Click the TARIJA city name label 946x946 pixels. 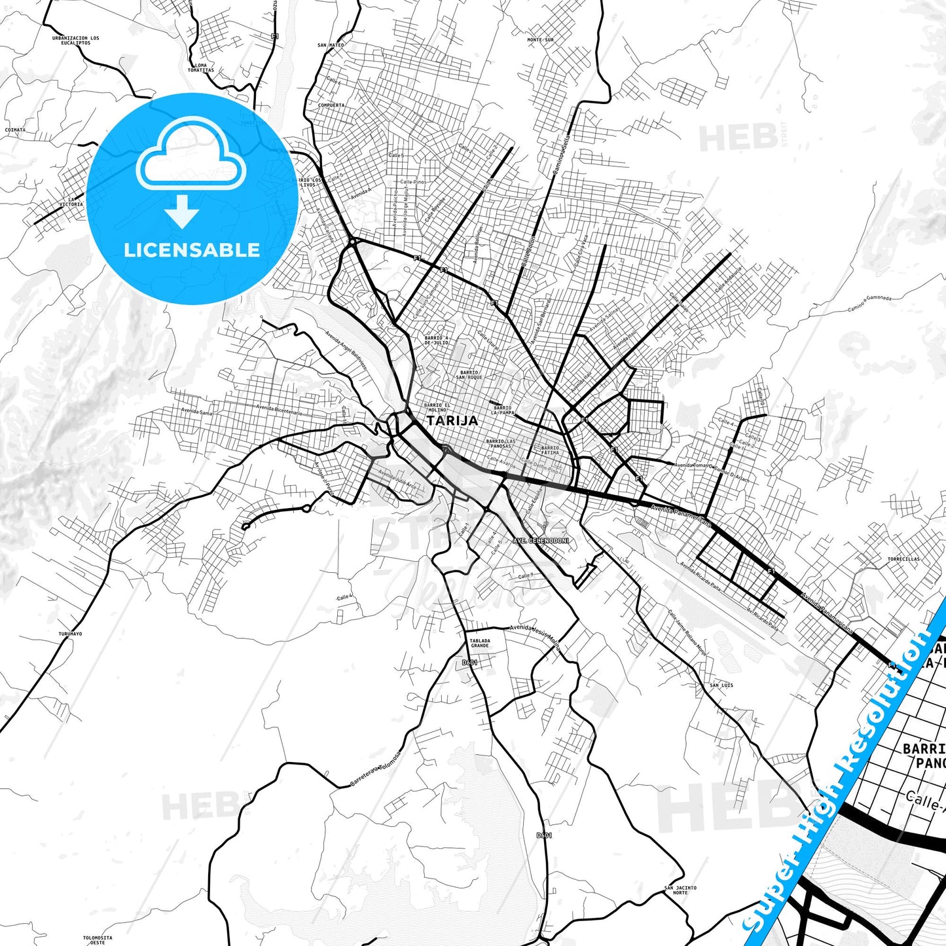tap(452, 421)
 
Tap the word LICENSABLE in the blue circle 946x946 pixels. tap(192, 250)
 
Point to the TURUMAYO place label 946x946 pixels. tap(70, 634)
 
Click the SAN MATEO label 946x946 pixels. tap(331, 45)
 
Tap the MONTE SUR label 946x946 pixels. tap(540, 40)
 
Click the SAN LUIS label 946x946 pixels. tap(721, 685)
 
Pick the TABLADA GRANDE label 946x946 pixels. tap(480, 643)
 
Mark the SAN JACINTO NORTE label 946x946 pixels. tap(680, 890)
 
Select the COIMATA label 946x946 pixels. tap(15, 130)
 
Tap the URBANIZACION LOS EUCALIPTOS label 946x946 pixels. tap(76, 41)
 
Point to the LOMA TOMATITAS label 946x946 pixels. tap(200, 68)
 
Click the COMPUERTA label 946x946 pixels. tap(331, 105)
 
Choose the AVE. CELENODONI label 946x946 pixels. tap(541, 541)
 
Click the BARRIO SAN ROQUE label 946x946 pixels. tap(469, 375)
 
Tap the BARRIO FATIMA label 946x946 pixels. tap(550, 450)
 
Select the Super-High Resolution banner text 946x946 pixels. tap(841, 776)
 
